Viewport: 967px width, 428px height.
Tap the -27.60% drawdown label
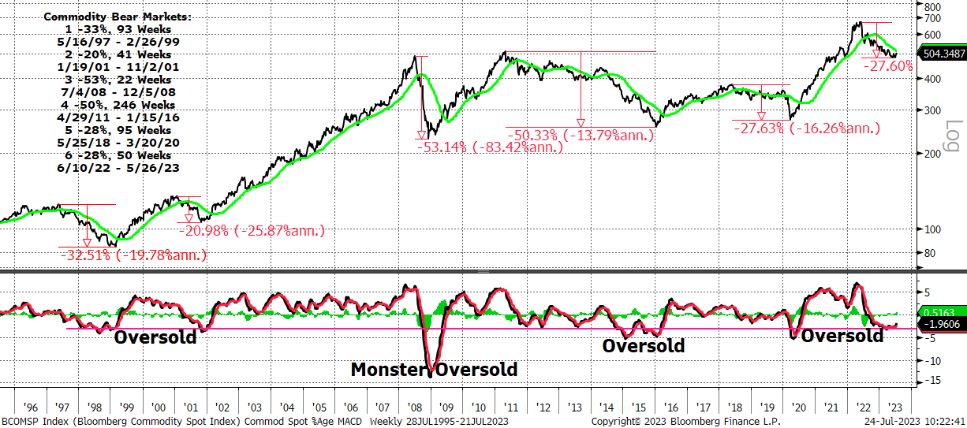pos(888,66)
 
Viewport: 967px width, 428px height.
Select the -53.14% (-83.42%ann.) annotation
pos(490,147)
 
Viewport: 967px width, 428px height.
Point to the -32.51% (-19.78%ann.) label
pos(133,255)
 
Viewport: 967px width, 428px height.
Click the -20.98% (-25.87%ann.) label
pos(252,230)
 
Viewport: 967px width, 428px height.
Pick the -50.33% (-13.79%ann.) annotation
pos(581,135)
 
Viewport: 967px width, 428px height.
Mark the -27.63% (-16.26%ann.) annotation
pos(807,128)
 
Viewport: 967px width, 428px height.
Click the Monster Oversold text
pos(434,370)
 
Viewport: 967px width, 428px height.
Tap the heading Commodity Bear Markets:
pos(118,17)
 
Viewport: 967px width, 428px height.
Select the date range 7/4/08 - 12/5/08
pos(118,92)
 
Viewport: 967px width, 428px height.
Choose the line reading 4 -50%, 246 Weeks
pos(118,105)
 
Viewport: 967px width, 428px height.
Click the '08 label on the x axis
pos(415,408)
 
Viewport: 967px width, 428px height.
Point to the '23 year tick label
pos(895,408)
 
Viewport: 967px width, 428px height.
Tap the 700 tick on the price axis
pos(932,18)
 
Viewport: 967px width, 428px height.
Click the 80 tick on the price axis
pos(929,253)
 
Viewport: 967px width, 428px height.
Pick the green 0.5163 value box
pos(943,312)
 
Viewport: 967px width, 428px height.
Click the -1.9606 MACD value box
pos(943,324)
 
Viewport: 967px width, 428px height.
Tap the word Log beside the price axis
pos(954,136)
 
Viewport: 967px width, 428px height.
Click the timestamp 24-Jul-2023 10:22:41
pos(915,422)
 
